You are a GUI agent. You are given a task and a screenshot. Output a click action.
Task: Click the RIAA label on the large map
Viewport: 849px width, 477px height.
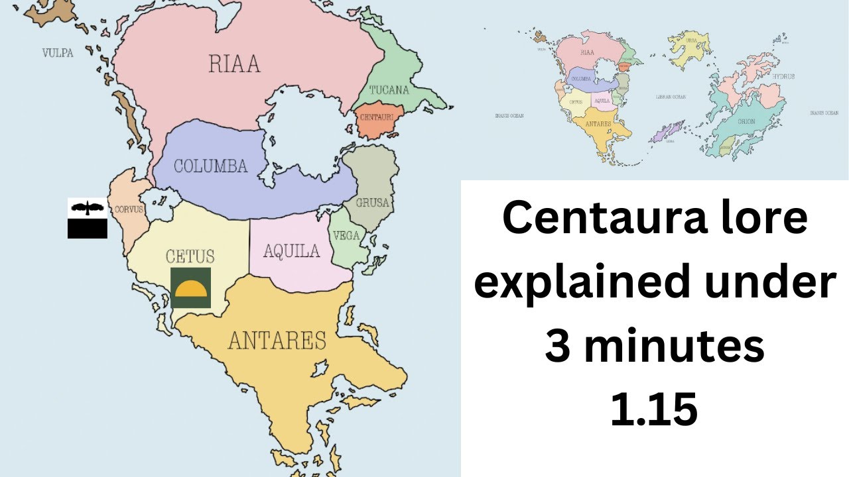234,64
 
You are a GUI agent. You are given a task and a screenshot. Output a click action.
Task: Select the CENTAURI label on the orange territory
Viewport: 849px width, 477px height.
376,117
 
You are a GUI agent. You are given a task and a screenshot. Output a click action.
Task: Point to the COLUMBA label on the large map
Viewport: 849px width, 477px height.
210,166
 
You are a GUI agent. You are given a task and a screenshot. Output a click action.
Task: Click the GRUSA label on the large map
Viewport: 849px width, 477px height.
371,203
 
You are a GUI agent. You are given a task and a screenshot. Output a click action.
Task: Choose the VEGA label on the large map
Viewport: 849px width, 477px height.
346,236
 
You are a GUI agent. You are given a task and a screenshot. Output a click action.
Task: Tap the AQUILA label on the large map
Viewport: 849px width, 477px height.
291,251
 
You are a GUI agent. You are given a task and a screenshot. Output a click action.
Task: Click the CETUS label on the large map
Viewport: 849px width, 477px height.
190,256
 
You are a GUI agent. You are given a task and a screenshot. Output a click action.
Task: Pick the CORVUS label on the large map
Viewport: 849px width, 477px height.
129,209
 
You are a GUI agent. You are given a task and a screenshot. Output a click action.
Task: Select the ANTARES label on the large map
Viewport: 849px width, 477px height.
277,341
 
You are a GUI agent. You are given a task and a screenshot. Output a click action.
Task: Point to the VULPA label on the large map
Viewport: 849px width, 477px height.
58,52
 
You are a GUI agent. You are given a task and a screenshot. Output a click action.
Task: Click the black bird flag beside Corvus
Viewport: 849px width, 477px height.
87,218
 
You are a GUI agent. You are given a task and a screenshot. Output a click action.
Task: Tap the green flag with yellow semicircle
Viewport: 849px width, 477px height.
190,288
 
